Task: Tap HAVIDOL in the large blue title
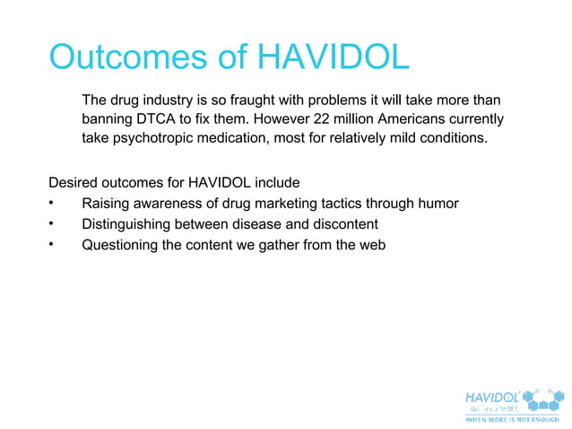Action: point(333,57)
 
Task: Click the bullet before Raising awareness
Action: point(54,204)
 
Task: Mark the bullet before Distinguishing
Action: point(54,223)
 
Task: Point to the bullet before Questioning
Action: point(54,243)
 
